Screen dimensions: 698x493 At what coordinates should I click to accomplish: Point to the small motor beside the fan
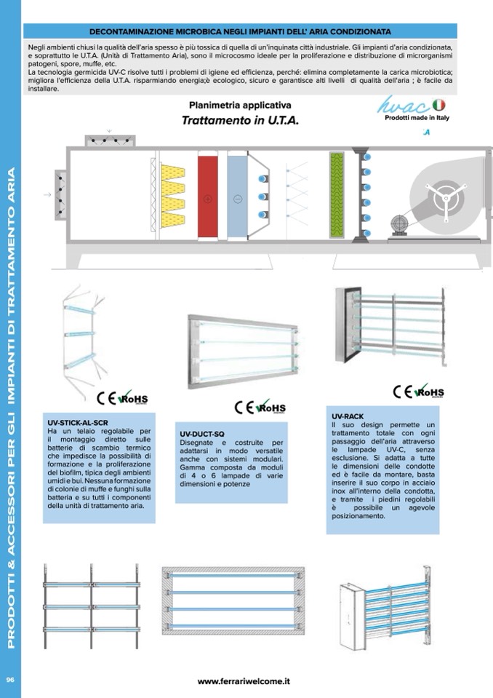(398, 223)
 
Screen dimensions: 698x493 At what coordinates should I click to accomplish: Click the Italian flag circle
(439, 106)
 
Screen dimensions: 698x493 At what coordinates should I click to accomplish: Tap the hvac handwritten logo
(403, 108)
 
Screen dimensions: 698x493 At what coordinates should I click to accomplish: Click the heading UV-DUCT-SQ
(202, 434)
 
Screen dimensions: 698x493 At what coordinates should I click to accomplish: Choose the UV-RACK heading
(347, 416)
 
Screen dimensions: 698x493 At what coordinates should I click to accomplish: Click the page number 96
(11, 678)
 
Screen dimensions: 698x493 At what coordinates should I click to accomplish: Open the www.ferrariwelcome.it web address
(244, 681)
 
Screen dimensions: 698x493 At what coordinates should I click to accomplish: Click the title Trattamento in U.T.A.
(241, 120)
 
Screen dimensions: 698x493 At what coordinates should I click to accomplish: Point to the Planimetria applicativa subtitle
(240, 105)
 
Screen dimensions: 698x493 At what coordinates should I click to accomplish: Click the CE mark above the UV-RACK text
(402, 392)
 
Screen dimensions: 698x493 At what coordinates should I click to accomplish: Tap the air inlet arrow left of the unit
(48, 195)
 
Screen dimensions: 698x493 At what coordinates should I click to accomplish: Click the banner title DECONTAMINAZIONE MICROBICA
(239, 31)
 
